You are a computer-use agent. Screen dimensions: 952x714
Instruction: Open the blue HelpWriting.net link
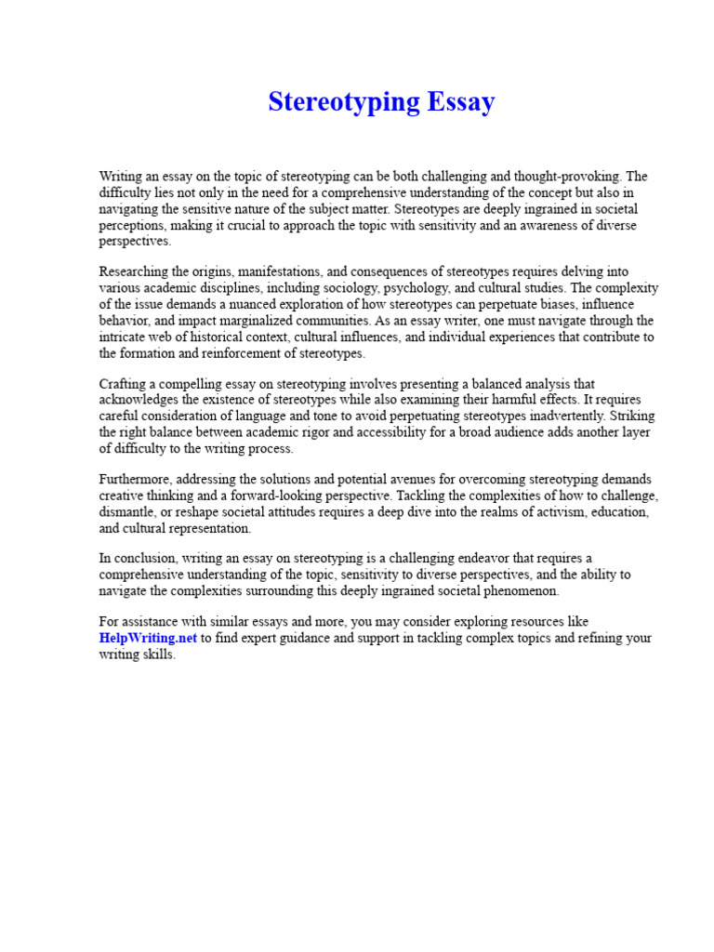(148, 639)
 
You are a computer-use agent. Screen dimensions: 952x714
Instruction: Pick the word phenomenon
(524, 591)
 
